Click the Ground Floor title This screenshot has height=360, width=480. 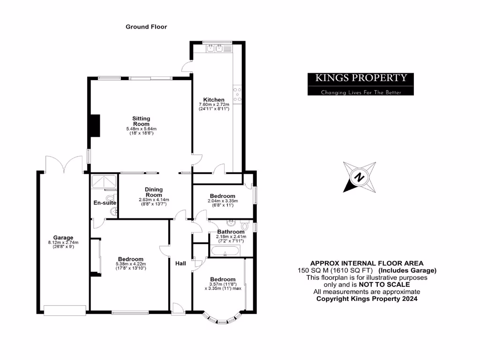pyautogui.click(x=146, y=27)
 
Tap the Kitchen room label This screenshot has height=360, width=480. pyautogui.click(x=211, y=100)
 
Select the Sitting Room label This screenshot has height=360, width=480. pyautogui.click(x=141, y=121)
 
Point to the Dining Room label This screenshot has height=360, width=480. pyautogui.click(x=154, y=192)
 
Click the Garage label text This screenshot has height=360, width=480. pyautogui.click(x=63, y=237)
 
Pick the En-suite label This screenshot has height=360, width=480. pyautogui.click(x=105, y=202)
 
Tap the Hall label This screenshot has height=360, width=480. pyautogui.click(x=181, y=263)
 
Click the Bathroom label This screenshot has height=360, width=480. pyautogui.click(x=231, y=232)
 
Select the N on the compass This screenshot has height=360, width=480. pyautogui.click(x=359, y=178)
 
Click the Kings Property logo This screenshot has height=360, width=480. pyautogui.click(x=361, y=84)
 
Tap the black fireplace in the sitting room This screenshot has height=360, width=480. pyautogui.click(x=95, y=125)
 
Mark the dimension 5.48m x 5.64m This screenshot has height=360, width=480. pyautogui.click(x=141, y=129)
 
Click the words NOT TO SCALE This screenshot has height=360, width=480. pyautogui.click(x=384, y=285)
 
